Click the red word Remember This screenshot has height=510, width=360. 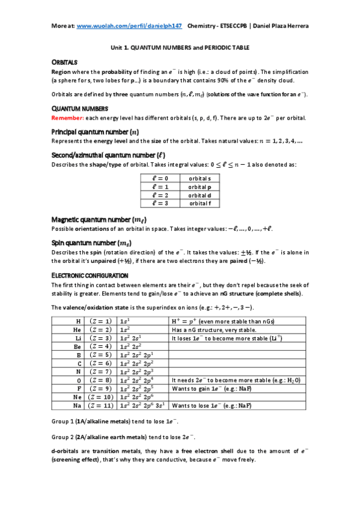point(69,118)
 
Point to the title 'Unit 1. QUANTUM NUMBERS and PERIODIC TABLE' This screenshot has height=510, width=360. point(180,47)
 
